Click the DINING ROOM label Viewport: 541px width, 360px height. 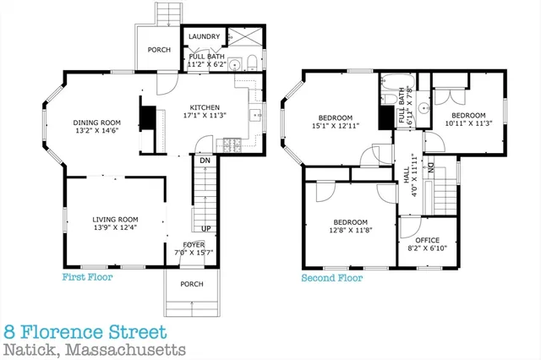click(96, 122)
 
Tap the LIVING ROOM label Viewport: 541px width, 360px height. click(115, 220)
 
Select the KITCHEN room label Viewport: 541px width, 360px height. click(205, 108)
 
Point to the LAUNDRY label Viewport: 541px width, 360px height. click(205, 36)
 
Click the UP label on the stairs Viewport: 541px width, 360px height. click(205, 228)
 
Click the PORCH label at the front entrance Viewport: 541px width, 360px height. click(191, 284)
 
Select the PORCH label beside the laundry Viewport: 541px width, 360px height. click(159, 50)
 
